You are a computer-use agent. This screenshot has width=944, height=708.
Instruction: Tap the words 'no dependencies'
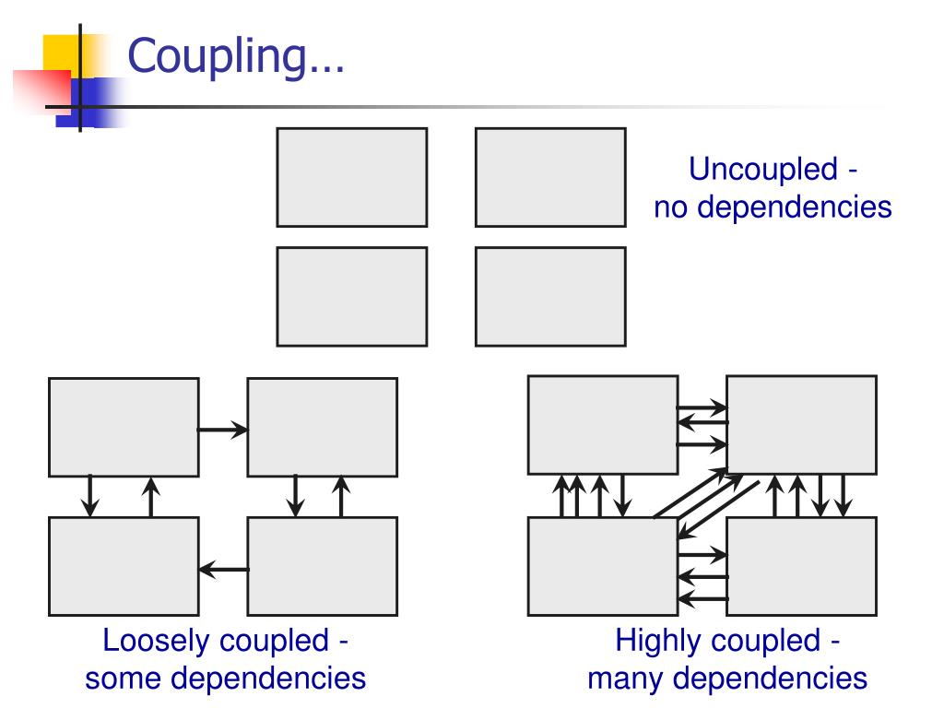[773, 206]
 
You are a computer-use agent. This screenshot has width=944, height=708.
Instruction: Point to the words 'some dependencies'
[225, 678]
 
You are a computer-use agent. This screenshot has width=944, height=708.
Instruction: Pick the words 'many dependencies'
[726, 678]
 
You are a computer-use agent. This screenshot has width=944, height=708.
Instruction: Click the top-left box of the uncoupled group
[351, 177]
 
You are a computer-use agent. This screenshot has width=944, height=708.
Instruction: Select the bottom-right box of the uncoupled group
[550, 296]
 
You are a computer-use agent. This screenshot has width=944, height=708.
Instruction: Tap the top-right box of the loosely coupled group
[322, 427]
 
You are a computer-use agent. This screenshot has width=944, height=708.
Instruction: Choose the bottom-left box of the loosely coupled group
[124, 566]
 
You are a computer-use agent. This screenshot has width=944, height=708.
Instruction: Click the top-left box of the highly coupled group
[602, 425]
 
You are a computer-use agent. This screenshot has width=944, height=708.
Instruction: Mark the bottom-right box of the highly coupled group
[801, 566]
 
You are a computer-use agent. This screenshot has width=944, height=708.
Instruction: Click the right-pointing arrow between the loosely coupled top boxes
[222, 429]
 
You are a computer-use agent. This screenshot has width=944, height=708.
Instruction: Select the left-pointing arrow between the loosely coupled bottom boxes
[223, 570]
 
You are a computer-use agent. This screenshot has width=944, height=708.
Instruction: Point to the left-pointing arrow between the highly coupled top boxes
[702, 422]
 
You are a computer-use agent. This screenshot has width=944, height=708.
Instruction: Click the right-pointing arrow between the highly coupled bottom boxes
[702, 556]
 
